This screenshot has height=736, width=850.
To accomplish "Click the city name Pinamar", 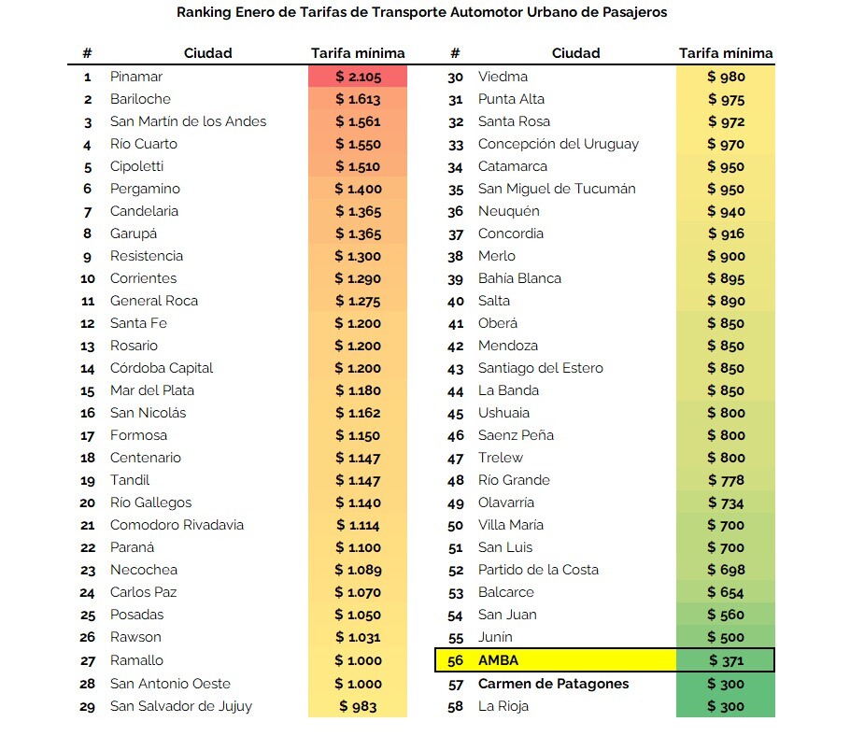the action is pyautogui.click(x=136, y=77).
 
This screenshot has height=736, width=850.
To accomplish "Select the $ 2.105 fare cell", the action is pyautogui.click(x=358, y=77).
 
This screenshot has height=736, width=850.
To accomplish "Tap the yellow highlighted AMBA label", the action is pyautogui.click(x=498, y=660).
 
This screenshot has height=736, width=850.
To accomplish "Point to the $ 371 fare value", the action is pyautogui.click(x=726, y=660).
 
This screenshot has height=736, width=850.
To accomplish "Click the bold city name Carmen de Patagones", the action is pyautogui.click(x=554, y=684).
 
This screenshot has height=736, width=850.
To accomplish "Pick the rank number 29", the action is pyautogui.click(x=87, y=707).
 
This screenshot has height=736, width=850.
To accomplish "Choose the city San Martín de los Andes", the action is pyautogui.click(x=188, y=121).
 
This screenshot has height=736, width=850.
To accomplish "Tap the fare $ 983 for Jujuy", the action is pyautogui.click(x=358, y=706).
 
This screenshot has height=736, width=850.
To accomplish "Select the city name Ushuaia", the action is pyautogui.click(x=503, y=413).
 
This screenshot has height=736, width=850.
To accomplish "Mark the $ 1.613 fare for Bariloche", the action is pyautogui.click(x=358, y=99).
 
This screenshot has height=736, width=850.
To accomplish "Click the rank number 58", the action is pyautogui.click(x=456, y=707).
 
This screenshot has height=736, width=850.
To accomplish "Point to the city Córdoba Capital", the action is pyautogui.click(x=162, y=368).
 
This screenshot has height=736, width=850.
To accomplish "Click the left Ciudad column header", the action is pyautogui.click(x=207, y=53).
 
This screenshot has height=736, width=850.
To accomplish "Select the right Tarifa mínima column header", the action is pyautogui.click(x=726, y=53).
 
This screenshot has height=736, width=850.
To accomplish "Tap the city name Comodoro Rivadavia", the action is pyautogui.click(x=177, y=525).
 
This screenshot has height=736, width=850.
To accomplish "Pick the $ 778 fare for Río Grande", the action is pyautogui.click(x=726, y=480).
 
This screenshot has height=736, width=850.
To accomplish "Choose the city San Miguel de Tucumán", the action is pyautogui.click(x=557, y=189).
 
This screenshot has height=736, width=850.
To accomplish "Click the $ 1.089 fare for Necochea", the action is pyautogui.click(x=358, y=570).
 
